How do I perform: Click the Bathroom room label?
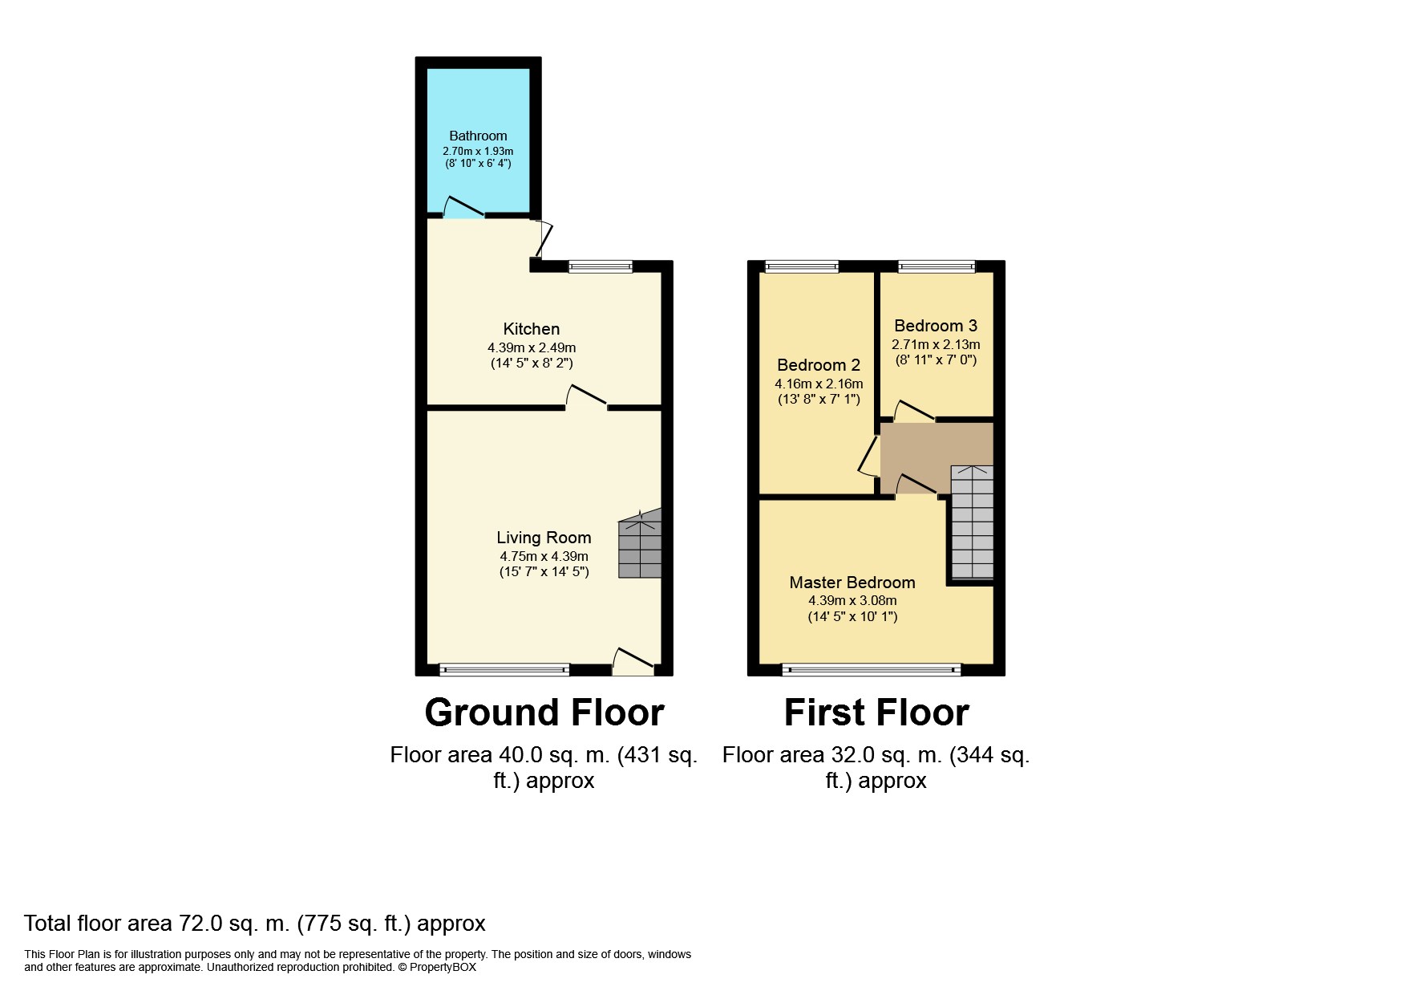[478, 136]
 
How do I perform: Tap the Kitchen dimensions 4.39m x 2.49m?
[532, 347]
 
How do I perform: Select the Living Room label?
[544, 538]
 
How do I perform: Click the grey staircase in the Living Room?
[640, 549]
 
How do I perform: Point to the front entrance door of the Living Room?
[633, 660]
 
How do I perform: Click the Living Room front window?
[504, 668]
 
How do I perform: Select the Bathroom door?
[463, 208]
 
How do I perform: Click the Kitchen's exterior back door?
[545, 239]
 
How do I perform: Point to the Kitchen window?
[601, 266]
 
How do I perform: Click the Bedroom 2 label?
[819, 365]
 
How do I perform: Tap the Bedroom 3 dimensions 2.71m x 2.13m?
[936, 344]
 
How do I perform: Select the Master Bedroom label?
[852, 583]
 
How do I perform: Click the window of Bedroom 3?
[937, 266]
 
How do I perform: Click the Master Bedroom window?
[872, 668]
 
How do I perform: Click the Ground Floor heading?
[544, 713]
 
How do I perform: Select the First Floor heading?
[876, 713]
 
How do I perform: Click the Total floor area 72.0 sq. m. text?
[255, 924]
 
